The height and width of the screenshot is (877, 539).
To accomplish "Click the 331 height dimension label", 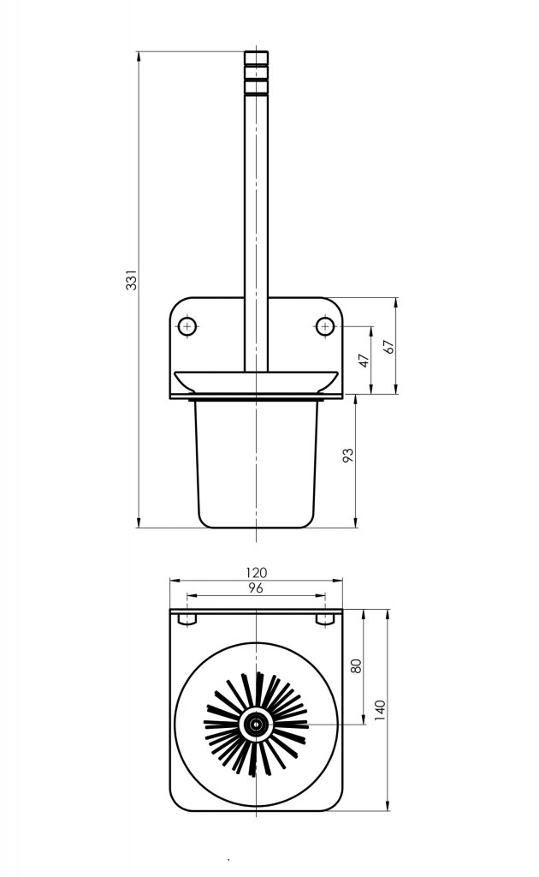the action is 132,280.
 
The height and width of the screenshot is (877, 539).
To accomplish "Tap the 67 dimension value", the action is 389,347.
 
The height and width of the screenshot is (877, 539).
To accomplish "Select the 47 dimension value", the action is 364,361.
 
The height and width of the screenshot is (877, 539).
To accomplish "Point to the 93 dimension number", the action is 348,455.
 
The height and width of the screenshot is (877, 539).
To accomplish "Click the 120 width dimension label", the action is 257,572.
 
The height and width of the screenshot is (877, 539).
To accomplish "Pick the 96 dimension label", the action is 256,588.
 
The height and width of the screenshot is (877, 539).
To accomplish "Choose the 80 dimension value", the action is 357,665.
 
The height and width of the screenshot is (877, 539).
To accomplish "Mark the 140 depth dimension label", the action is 381,710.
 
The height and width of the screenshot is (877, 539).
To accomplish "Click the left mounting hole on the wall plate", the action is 187,326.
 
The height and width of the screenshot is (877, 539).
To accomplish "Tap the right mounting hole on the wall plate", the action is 325,326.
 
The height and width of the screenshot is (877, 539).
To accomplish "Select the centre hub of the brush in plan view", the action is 257,725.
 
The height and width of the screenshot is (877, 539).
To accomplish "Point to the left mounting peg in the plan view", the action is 187,619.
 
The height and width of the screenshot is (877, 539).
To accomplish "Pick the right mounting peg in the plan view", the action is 325,619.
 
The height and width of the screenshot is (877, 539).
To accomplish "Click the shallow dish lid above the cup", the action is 257,381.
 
